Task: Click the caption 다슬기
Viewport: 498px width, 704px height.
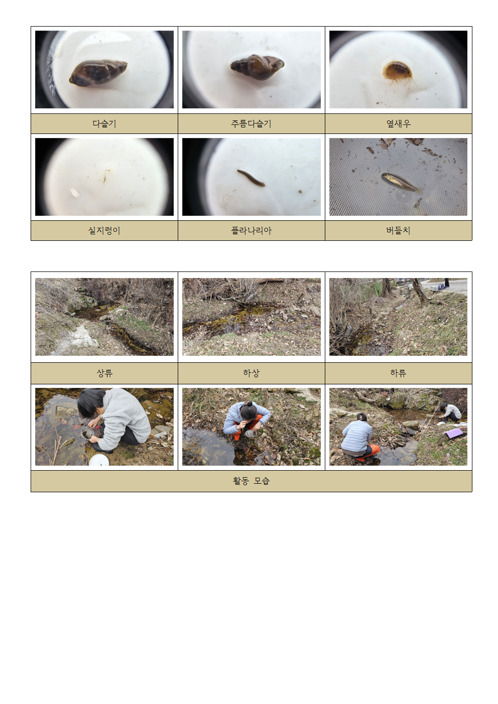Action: coord(104,123)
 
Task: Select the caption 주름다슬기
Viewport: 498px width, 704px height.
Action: coord(251,123)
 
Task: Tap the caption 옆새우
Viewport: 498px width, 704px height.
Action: coord(398,123)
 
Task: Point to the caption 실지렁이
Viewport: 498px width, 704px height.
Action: coord(104,231)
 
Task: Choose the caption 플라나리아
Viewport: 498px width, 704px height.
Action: coord(251,231)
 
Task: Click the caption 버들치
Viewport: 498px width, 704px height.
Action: coord(398,231)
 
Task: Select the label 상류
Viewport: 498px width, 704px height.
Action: coord(104,373)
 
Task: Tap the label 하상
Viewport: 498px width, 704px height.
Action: coord(251,373)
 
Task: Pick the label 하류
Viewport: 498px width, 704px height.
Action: coord(398,373)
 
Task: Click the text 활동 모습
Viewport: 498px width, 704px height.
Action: coord(251,481)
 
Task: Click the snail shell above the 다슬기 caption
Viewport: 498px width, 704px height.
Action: coord(98,73)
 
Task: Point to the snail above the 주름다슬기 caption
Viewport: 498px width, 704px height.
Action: coord(257,67)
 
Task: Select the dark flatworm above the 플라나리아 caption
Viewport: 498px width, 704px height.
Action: coord(251,178)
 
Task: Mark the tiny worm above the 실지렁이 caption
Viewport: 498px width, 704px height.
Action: coord(105,176)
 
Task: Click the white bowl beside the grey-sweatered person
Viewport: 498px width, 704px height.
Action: coord(99,460)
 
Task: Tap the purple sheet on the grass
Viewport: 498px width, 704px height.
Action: coord(453,433)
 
